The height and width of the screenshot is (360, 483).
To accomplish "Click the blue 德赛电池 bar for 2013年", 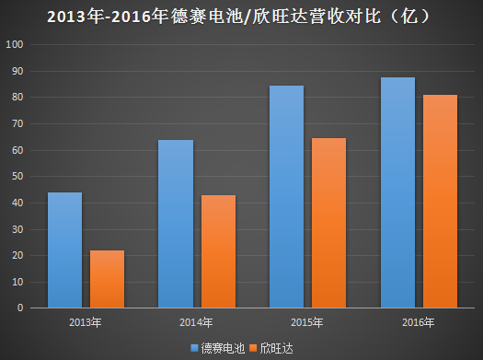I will pyautogui.click(x=64, y=250).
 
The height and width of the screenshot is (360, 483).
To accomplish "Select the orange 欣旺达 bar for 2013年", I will pyautogui.click(x=107, y=279).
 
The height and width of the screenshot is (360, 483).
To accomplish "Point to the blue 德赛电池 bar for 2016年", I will pyautogui.click(x=397, y=192).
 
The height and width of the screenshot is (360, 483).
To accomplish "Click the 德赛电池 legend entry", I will pyautogui.click(x=218, y=347).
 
